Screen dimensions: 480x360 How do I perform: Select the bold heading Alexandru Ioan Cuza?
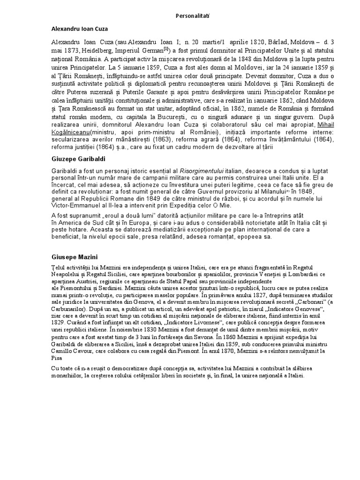80,29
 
